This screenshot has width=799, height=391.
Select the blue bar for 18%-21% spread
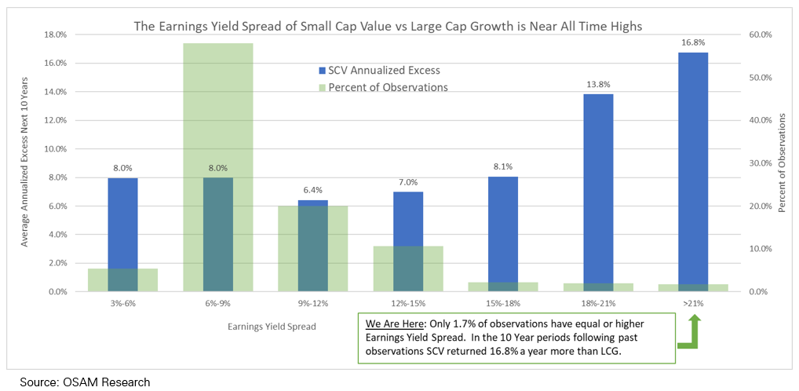pyautogui.click(x=599, y=188)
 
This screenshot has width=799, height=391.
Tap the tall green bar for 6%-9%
pyautogui.click(x=217, y=110)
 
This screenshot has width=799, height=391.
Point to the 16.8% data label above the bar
pyautogui.click(x=694, y=43)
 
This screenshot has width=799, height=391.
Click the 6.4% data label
pyautogui.click(x=312, y=190)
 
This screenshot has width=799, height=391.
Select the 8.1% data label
pyautogui.click(x=503, y=166)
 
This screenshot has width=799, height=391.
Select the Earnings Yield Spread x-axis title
pyautogui.click(x=272, y=326)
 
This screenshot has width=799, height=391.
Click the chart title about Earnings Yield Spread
pyautogui.click(x=388, y=26)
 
